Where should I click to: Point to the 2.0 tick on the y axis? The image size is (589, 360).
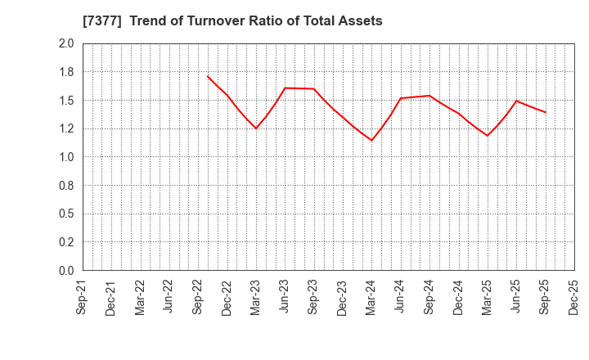click(66, 43)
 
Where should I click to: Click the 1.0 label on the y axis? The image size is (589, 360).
click(66, 157)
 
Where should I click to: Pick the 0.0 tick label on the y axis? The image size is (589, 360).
click(66, 271)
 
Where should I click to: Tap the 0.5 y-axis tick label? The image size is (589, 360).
click(66, 214)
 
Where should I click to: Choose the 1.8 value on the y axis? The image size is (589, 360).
click(66, 72)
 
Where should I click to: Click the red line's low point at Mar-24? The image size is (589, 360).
click(371, 140)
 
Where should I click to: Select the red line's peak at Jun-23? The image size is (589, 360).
click(285, 88)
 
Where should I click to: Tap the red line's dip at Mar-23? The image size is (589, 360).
click(256, 128)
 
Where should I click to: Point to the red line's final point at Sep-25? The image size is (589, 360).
click(545, 112)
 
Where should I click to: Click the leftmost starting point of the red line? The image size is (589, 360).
click(208, 76)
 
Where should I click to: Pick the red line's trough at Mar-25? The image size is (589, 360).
click(487, 136)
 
